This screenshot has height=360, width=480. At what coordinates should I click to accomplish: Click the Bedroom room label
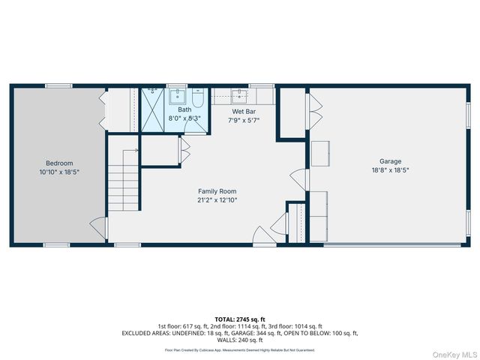(x=59, y=163)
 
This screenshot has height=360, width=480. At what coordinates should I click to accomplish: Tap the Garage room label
(x=390, y=161)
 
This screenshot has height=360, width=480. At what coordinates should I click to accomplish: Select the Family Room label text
(x=217, y=191)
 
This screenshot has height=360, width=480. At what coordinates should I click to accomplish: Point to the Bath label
(x=184, y=109)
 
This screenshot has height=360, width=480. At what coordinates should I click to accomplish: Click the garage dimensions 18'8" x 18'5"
(x=390, y=170)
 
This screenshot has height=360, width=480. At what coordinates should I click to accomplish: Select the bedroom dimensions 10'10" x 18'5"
(x=59, y=172)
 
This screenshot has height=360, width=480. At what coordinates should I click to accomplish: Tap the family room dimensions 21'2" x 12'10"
(x=217, y=200)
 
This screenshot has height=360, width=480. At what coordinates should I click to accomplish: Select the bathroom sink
(x=178, y=95)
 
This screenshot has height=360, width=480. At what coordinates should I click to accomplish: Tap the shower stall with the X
(x=153, y=111)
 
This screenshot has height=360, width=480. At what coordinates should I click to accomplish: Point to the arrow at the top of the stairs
(x=136, y=151)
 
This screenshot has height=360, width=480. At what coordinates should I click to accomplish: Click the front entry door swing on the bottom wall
(x=262, y=235)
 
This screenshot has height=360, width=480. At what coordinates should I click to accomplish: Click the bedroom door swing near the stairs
(x=97, y=225)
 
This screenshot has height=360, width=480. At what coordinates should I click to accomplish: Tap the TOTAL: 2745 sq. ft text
(x=239, y=319)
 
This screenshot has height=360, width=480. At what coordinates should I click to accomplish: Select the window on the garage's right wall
(x=469, y=117)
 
